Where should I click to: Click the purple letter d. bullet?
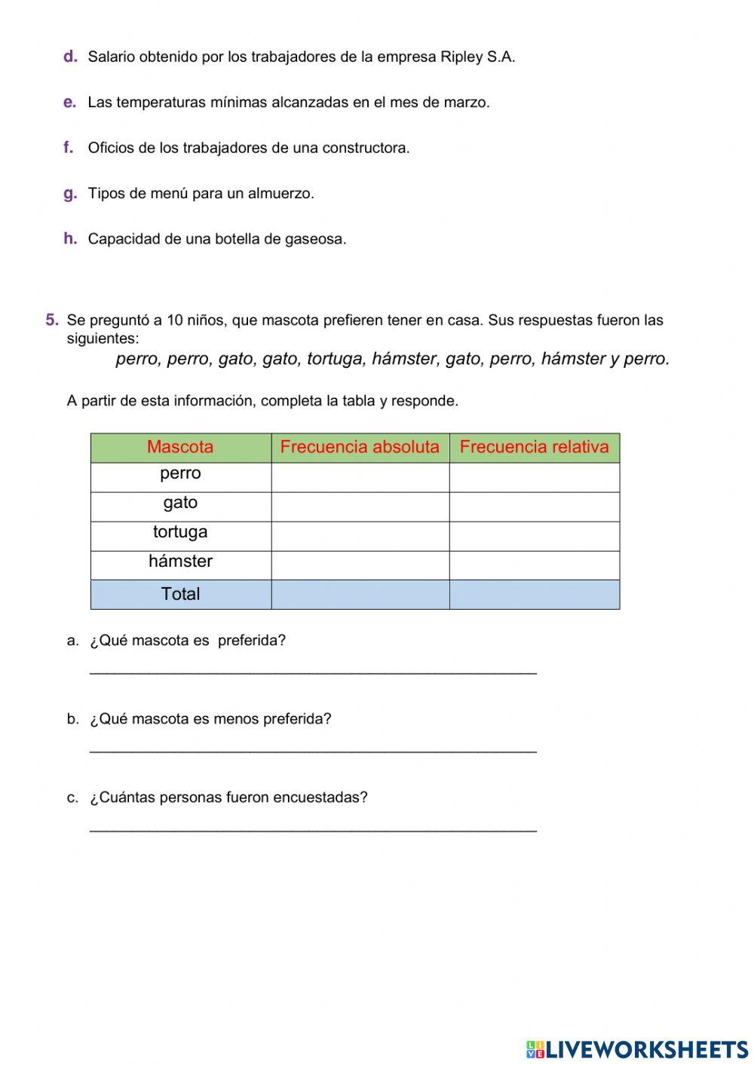[70, 57]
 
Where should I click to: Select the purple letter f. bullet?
[69, 148]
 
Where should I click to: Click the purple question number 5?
[51, 320]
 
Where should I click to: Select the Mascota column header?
[180, 447]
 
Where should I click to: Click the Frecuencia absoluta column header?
[360, 447]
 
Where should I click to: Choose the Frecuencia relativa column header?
[534, 447]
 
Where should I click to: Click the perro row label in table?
[180, 473]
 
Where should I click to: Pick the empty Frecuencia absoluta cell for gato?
[360, 506]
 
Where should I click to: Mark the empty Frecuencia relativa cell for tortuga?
[534, 536]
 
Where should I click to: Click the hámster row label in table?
[180, 562]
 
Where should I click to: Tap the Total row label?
[180, 594]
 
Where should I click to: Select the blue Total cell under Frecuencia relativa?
[534, 594]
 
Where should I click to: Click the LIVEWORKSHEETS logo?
[637, 1049]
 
